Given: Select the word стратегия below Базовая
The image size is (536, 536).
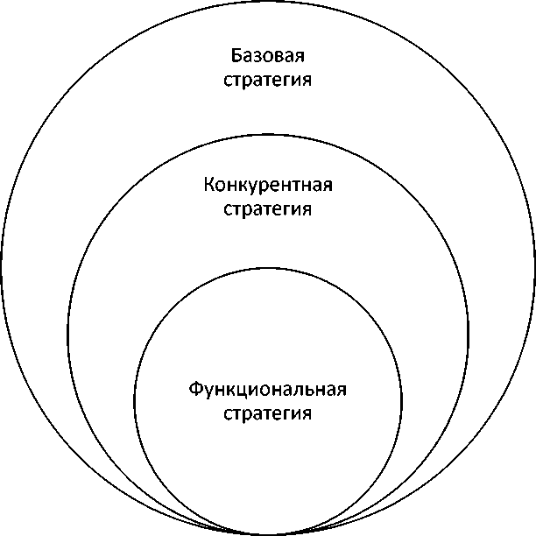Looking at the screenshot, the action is (268, 81).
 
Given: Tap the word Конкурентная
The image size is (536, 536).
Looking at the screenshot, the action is (268, 186).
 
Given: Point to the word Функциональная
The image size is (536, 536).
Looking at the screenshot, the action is (268, 388).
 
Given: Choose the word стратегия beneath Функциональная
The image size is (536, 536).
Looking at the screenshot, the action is (268, 412).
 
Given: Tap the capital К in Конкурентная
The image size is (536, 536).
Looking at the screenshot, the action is (208, 186).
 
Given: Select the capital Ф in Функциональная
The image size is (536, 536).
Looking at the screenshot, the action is (195, 388).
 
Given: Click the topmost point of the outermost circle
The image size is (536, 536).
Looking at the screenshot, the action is (268, 2).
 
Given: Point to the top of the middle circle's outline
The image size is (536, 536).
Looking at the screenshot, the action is (268, 134).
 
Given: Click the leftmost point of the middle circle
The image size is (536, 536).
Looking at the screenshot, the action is (67, 334).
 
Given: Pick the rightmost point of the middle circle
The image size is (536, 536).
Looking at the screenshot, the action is (469, 334).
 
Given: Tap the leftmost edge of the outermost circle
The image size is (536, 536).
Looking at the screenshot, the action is (2, 268).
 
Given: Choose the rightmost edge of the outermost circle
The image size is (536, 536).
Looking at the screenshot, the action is (534, 268).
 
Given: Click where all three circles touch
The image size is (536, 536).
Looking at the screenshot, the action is (268, 533).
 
